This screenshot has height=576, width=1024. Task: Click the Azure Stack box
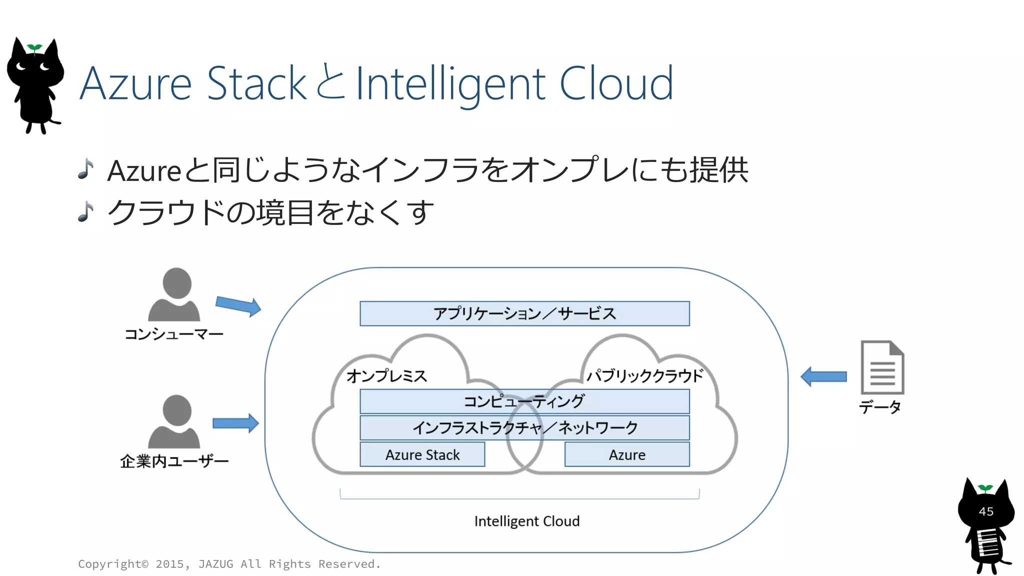pos(422,454)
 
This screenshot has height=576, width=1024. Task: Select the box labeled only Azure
pos(627,454)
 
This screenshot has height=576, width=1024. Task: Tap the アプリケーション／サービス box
pos(524,313)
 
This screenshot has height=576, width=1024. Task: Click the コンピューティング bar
pos(524,401)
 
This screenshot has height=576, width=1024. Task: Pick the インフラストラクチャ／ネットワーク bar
pos(524,428)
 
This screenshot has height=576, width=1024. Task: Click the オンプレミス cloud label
pos(386,376)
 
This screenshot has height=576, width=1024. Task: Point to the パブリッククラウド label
pos(645,376)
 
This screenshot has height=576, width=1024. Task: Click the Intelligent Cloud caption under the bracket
pos(527,521)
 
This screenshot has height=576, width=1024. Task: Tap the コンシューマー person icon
pos(174,295)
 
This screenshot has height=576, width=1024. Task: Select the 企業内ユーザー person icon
pos(174,422)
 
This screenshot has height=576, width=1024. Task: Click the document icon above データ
pos(882,367)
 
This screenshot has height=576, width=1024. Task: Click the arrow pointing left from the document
pos(823,376)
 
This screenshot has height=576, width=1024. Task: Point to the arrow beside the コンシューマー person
pos(238,305)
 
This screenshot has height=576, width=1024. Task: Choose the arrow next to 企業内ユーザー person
pos(235,423)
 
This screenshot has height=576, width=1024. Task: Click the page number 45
pos(986,511)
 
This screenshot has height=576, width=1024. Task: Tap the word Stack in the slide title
pos(256,83)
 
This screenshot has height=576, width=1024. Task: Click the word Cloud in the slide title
pos(616,83)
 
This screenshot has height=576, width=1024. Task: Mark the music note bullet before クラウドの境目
pos(86,211)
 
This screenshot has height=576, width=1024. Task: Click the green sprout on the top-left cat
pos(34,48)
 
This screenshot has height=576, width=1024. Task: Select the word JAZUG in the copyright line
pos(215,564)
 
